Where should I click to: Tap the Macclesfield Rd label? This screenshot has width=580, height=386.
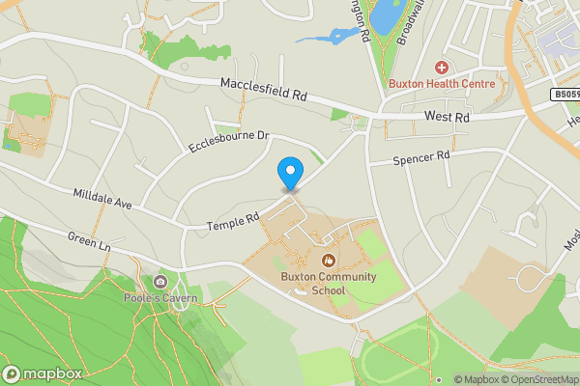[263, 91]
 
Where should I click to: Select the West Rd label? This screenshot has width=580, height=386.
[447, 117]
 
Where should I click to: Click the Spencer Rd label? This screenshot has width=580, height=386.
[422, 156]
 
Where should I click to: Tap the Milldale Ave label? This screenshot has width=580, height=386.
[101, 199]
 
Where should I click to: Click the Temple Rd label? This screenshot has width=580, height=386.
[233, 222]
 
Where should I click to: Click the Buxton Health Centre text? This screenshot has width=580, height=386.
[442, 84]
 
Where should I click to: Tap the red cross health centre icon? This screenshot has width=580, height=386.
[442, 68]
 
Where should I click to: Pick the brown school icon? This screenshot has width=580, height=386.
[329, 260]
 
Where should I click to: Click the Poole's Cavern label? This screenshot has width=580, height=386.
[160, 298]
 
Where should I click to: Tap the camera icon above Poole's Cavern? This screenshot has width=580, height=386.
[160, 282]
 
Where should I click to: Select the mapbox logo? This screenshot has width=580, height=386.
[42, 373]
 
